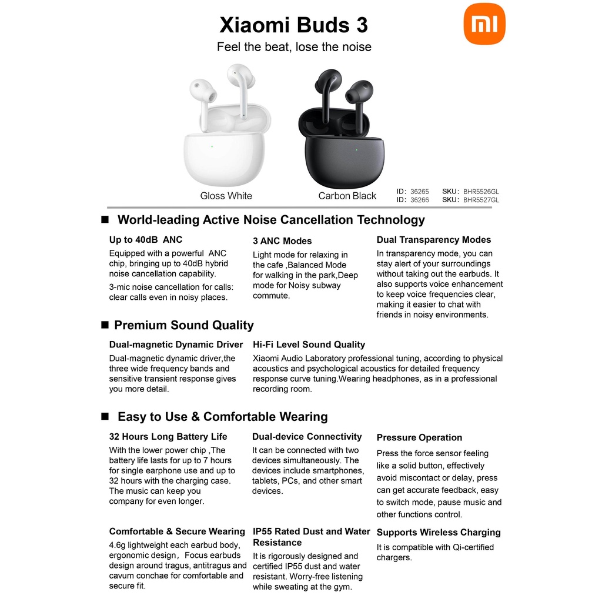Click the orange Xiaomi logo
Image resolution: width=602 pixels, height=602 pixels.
click(x=484, y=24)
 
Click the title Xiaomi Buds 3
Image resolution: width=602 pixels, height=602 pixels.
click(x=294, y=25)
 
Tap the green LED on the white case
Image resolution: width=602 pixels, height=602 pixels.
click(x=212, y=146)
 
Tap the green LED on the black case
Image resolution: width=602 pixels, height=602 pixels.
click(x=357, y=150)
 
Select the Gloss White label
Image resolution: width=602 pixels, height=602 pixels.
click(x=226, y=196)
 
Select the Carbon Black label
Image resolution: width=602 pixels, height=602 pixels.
click(x=347, y=196)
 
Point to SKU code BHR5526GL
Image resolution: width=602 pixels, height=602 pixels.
click(x=481, y=192)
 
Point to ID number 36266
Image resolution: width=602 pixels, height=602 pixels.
click(x=420, y=200)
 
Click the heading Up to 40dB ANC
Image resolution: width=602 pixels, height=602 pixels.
click(x=146, y=240)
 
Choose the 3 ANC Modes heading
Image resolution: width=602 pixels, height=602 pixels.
click(x=282, y=240)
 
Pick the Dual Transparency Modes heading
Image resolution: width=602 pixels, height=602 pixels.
click(x=434, y=240)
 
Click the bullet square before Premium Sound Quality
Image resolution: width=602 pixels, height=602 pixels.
click(x=105, y=325)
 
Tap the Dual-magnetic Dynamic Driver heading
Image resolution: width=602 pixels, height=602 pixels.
click(x=176, y=345)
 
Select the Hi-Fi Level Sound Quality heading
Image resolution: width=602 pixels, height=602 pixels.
click(x=309, y=345)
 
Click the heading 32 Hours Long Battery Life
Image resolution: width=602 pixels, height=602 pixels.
click(x=168, y=437)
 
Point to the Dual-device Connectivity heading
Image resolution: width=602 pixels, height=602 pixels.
click(x=307, y=437)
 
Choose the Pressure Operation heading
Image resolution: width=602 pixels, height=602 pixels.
click(x=419, y=437)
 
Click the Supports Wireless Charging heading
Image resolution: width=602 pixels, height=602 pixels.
click(x=439, y=532)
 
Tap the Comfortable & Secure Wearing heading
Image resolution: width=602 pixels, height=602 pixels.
click(x=177, y=531)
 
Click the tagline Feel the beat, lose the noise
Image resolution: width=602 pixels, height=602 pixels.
click(x=294, y=47)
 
